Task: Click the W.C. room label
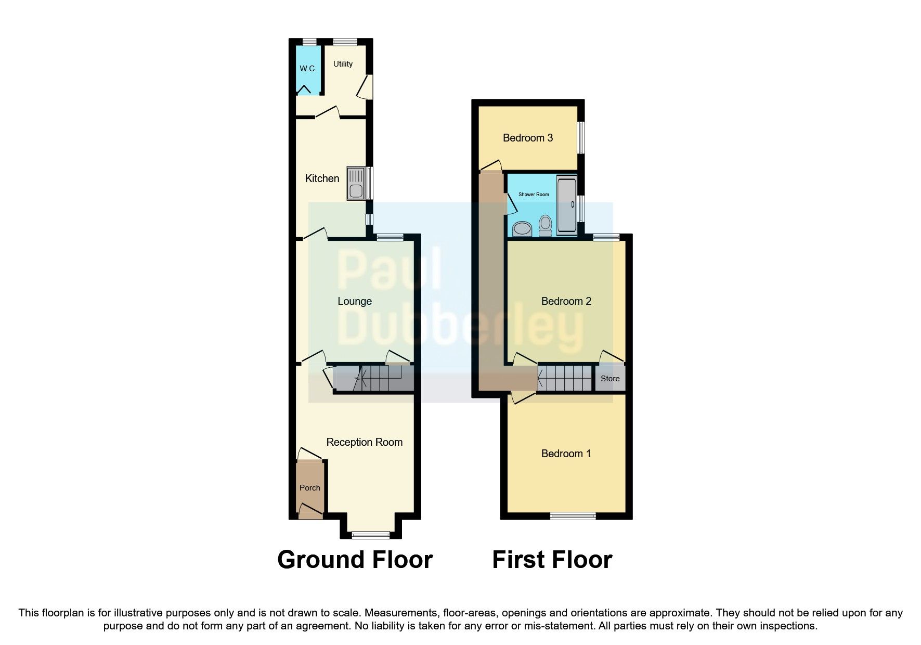[308, 69]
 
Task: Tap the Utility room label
[343, 64]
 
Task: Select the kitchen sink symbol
[356, 183]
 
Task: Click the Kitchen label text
[322, 178]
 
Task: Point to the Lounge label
[355, 301]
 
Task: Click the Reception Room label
[364, 442]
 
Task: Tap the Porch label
[310, 488]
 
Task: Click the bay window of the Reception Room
[371, 534]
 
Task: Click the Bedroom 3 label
[527, 138]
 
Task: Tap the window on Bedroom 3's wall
[581, 138]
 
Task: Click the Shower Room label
[534, 195]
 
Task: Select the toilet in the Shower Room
[545, 225]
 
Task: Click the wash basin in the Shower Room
[522, 229]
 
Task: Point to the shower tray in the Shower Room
[566, 205]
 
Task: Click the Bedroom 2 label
[566, 301]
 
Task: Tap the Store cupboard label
[610, 379]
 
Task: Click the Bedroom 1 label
[566, 454]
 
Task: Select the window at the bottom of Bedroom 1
[573, 515]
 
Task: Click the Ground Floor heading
[355, 560]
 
